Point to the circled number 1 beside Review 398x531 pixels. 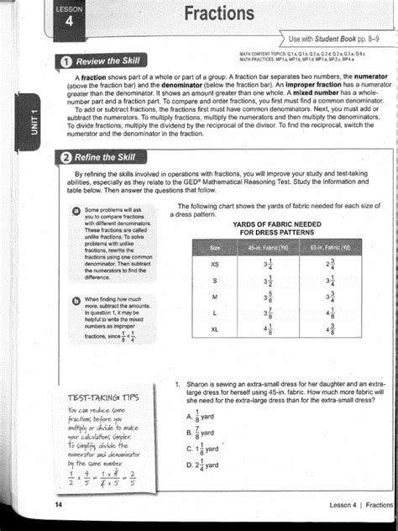[65, 61]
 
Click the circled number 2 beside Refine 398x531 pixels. [65, 157]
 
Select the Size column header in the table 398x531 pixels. [215, 248]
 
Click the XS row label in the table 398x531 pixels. [215, 264]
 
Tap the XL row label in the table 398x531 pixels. [215, 329]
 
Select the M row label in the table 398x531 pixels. [215, 297]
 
